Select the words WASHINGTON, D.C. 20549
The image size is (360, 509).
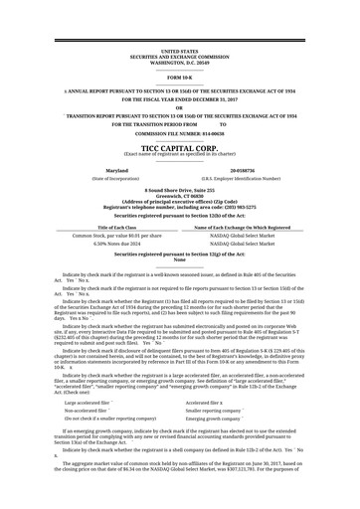click(179, 61)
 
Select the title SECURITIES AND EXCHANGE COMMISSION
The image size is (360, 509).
click(179, 56)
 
